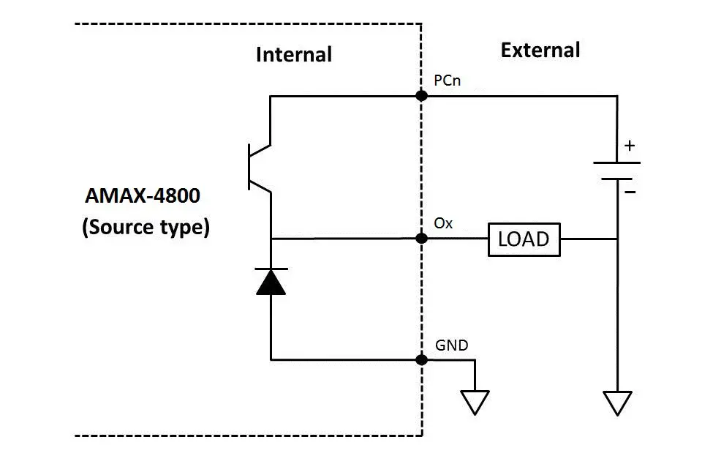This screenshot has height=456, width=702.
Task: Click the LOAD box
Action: tap(524, 239)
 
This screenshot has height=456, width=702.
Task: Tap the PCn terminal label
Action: tap(447, 81)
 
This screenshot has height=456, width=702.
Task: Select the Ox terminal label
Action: tap(443, 223)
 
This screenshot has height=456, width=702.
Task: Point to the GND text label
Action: tap(451, 345)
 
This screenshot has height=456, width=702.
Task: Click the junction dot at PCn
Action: tap(421, 96)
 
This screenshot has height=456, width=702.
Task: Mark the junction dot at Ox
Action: tap(421, 239)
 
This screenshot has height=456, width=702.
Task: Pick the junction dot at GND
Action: tap(421, 359)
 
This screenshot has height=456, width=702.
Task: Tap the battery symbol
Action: tap(617, 171)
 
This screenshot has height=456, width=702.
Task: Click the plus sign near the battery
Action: tap(630, 146)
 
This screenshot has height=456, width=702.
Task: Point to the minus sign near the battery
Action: tap(630, 192)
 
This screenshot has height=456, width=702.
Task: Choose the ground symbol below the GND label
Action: tap(475, 402)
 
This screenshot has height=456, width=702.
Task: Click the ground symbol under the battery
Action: tap(617, 402)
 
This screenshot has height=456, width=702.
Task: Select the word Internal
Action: tap(293, 55)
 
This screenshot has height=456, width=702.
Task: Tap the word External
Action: tap(540, 51)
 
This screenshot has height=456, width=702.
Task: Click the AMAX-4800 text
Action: tap(143, 197)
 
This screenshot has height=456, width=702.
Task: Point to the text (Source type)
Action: tap(146, 227)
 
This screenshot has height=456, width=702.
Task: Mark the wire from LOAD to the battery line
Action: tap(588, 239)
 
